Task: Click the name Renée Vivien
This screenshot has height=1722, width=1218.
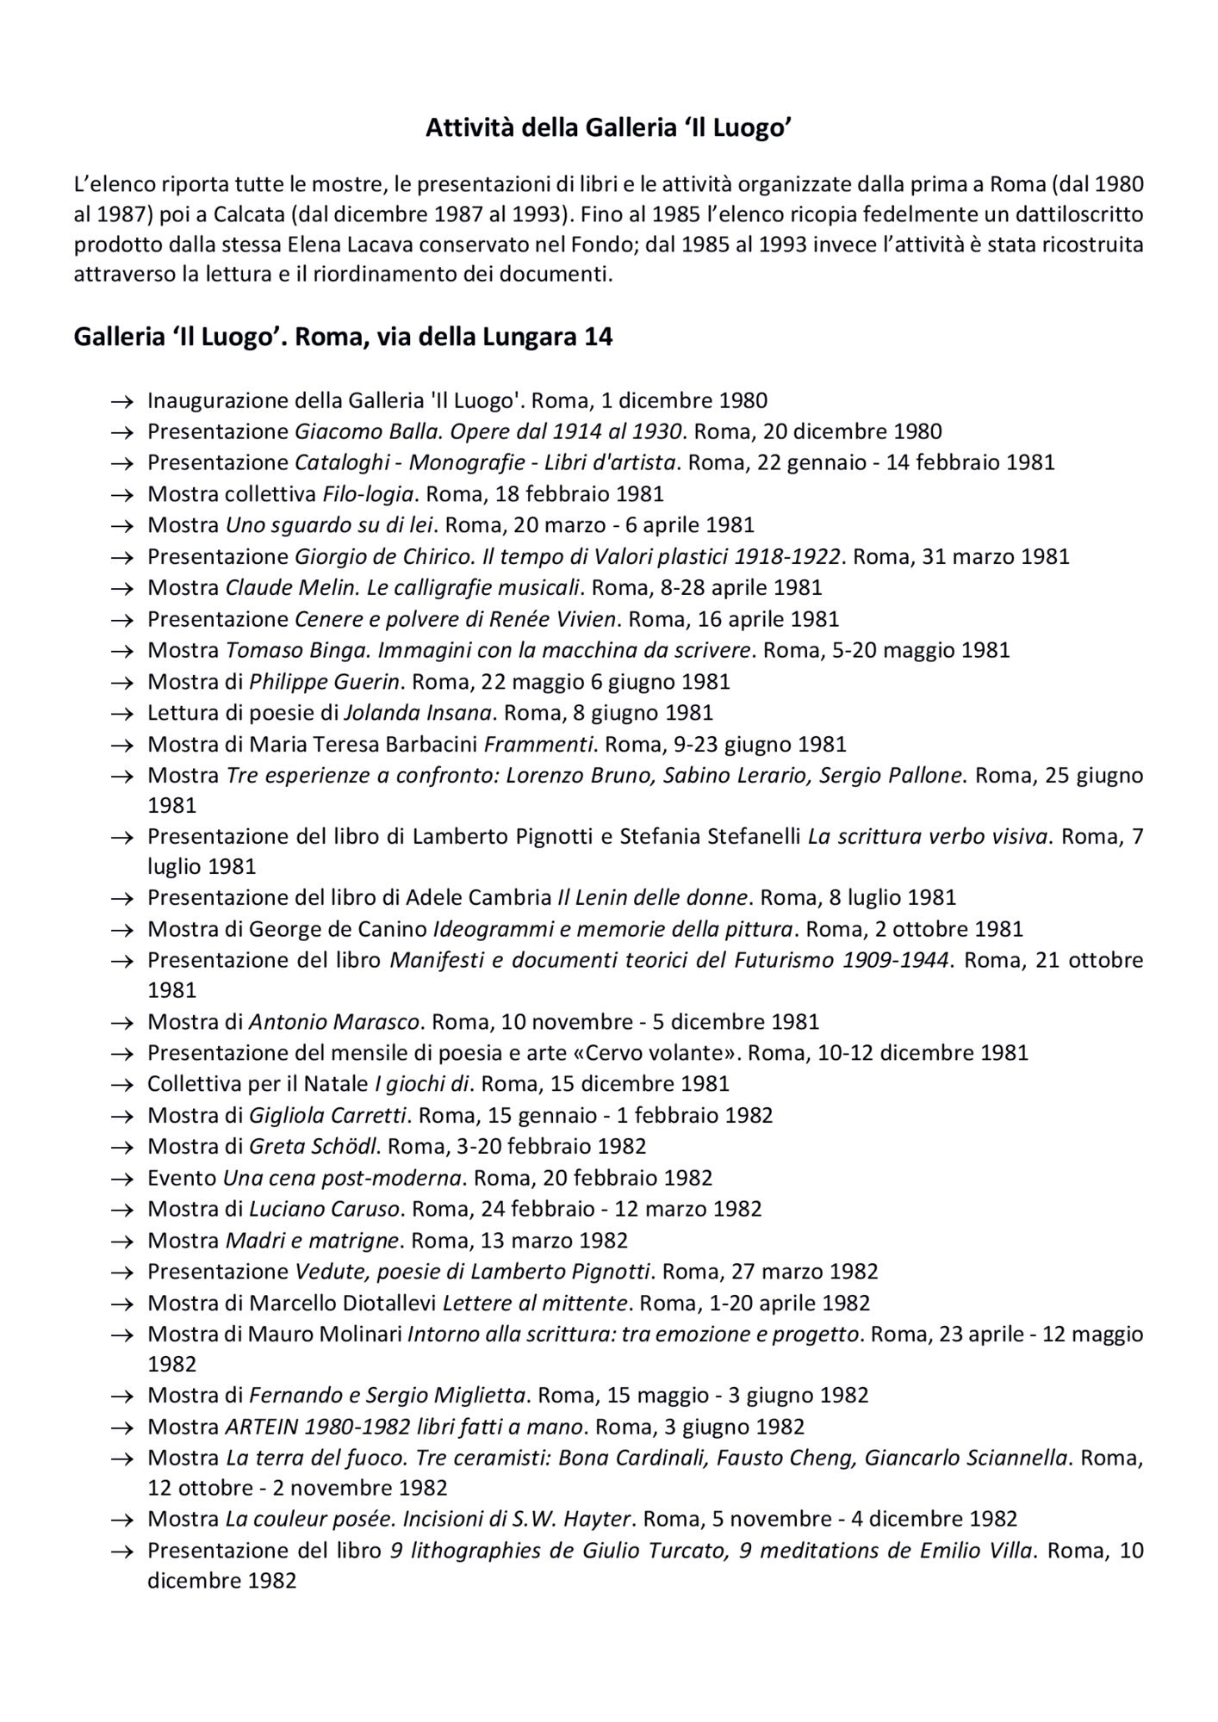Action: pyautogui.click(x=562, y=619)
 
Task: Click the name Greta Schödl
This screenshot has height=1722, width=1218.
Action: pyautogui.click(x=314, y=1146)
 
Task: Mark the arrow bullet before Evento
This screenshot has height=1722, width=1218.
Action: pyautogui.click(x=122, y=1178)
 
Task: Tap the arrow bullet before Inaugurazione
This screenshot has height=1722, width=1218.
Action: pyautogui.click(x=122, y=401)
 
